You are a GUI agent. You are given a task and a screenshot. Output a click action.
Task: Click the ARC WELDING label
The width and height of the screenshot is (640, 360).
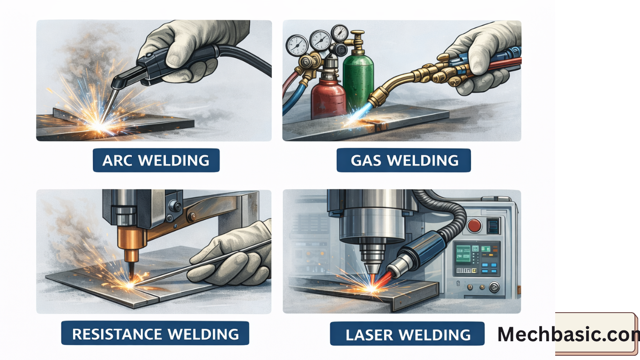coord(156,160)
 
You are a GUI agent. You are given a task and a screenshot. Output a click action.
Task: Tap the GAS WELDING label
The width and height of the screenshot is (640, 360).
coord(403,160)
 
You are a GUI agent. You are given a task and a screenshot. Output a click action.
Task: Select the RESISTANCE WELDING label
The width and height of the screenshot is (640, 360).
coord(155,334)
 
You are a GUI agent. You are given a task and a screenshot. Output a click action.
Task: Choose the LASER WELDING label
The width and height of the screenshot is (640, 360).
coord(407,334)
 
